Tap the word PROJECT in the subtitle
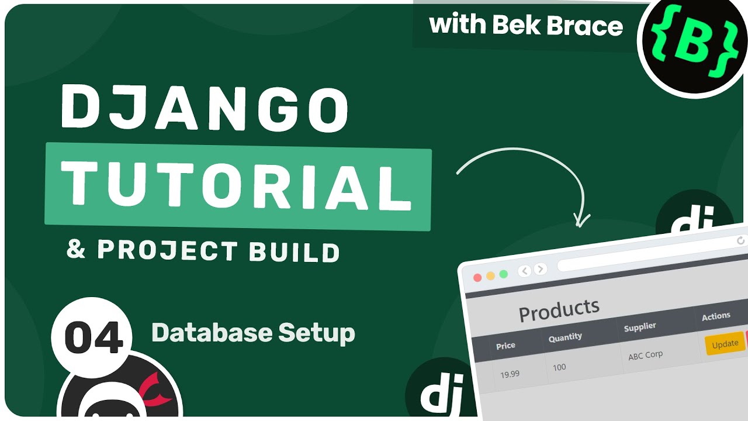(x=167, y=250)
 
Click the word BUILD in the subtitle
(x=294, y=252)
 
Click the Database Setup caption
(x=253, y=333)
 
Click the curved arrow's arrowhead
(x=581, y=220)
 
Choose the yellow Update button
(x=725, y=344)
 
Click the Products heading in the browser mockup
(x=559, y=310)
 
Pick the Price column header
(x=505, y=346)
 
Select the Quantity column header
(x=565, y=337)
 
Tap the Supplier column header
(x=640, y=326)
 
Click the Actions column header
(x=716, y=316)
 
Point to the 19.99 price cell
(x=510, y=374)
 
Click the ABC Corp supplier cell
(x=645, y=355)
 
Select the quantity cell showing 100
(x=559, y=367)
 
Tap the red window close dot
(x=477, y=277)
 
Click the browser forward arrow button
(x=541, y=270)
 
